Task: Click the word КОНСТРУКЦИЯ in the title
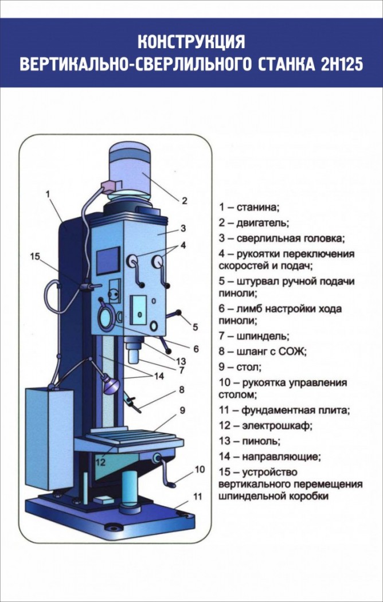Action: coord(191,42)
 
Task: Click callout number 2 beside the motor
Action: coord(185,201)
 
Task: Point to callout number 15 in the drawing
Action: coord(36,256)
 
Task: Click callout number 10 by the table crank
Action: coord(200,469)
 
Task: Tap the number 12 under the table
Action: coord(100,461)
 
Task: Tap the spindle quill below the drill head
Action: coord(133,352)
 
